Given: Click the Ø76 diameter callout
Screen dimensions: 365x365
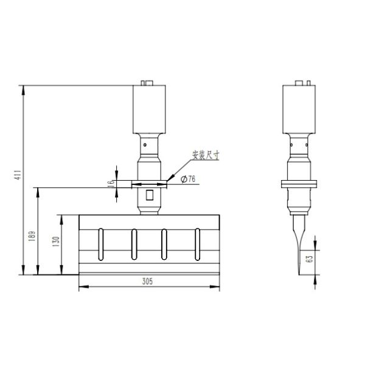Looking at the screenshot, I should click(x=188, y=178).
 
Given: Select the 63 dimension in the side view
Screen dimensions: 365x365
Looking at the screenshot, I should click(x=310, y=259).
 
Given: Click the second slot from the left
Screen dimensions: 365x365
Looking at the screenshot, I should click(x=133, y=243).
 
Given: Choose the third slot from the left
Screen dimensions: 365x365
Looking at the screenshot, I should click(x=163, y=243).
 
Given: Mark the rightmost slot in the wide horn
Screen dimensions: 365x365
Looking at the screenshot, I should click(x=196, y=243).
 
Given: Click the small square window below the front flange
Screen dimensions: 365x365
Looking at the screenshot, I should click(x=150, y=196).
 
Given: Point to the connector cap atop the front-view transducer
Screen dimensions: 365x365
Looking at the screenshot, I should click(x=147, y=83).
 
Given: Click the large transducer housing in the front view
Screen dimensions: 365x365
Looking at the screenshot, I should click(x=148, y=109).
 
